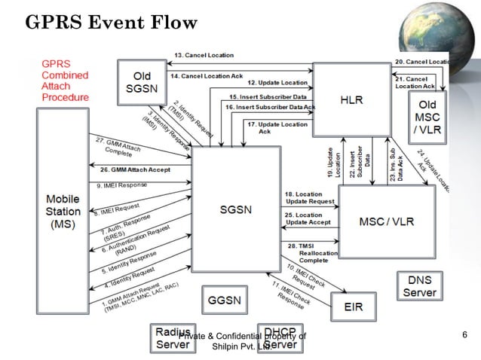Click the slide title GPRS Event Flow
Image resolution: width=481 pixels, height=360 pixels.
[112, 23]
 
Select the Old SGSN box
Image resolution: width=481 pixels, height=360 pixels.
[142, 83]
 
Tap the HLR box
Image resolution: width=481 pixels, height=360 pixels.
[351, 98]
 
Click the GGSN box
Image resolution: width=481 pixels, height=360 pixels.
[225, 300]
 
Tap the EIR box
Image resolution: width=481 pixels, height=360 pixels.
[353, 307]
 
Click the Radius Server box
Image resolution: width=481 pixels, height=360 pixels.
[173, 338]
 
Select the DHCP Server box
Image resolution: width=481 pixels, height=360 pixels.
[280, 338]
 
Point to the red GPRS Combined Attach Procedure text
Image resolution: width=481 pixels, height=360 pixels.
[65, 81]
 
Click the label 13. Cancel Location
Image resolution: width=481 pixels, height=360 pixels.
[204, 56]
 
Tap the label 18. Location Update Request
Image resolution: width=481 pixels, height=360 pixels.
[310, 197]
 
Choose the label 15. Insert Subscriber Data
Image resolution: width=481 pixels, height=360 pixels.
[268, 97]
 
